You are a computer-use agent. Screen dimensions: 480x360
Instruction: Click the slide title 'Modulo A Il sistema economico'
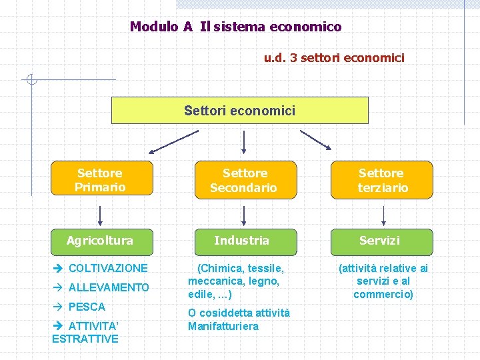[x=235, y=27]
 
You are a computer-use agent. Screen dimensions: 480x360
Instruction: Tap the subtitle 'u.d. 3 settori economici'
[x=334, y=58]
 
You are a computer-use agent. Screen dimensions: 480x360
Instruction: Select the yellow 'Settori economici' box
[x=239, y=111]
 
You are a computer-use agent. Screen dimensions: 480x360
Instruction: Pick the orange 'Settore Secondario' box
[x=243, y=180]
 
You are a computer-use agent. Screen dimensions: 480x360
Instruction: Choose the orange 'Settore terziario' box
[x=382, y=180]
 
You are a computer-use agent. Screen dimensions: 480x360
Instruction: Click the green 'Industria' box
[x=243, y=241]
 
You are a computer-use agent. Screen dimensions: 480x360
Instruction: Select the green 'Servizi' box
[x=382, y=241]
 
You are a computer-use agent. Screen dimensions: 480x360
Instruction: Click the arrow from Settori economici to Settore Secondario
[x=244, y=142]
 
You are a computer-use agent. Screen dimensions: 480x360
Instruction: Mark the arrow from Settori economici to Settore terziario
[x=315, y=140]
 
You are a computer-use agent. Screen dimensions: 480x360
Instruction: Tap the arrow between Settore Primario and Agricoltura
[x=101, y=215]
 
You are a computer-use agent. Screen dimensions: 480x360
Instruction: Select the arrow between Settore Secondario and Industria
[x=244, y=215]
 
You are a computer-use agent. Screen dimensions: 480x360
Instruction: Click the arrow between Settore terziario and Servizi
[x=383, y=215]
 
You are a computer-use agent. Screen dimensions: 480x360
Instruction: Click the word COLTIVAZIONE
[x=108, y=268]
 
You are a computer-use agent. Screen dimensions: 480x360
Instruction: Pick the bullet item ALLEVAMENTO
[x=109, y=287]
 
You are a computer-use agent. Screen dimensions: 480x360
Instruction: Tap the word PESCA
[x=87, y=307]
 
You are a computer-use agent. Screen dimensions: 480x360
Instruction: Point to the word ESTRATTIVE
[x=85, y=339]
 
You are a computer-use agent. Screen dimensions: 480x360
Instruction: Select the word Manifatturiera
[x=223, y=326]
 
